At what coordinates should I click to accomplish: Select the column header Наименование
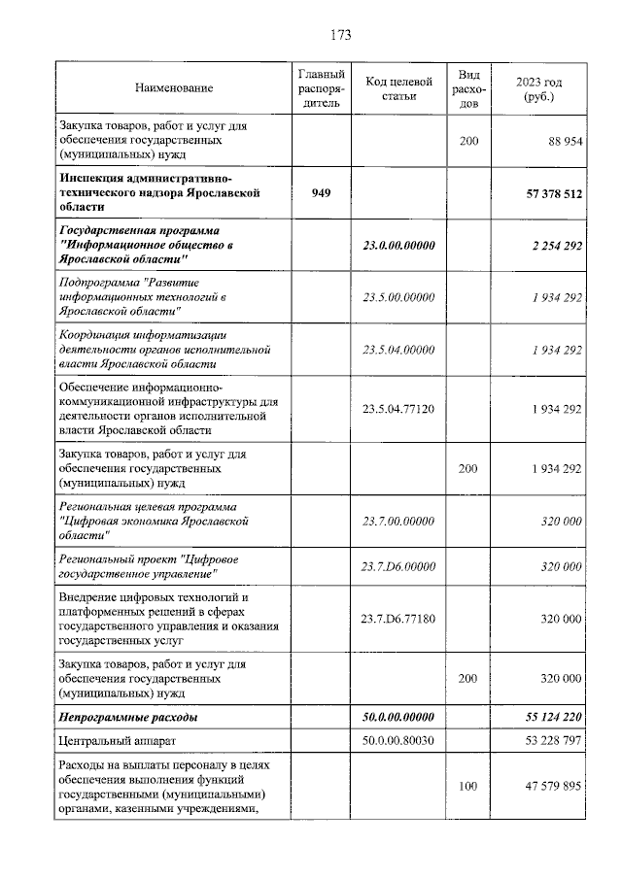pyautogui.click(x=174, y=89)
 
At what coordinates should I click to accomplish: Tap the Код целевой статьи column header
pyautogui.click(x=398, y=89)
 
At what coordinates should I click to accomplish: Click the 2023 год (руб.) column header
pyautogui.click(x=538, y=89)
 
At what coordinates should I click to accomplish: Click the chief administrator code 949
pyautogui.click(x=321, y=193)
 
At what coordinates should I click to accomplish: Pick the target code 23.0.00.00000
pyautogui.click(x=398, y=246)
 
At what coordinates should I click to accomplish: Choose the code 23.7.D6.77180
pyautogui.click(x=398, y=619)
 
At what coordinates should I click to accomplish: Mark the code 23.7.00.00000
pyautogui.click(x=398, y=521)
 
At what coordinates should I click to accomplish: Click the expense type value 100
pyautogui.click(x=467, y=786)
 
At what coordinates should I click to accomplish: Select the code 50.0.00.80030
pyautogui.click(x=398, y=741)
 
